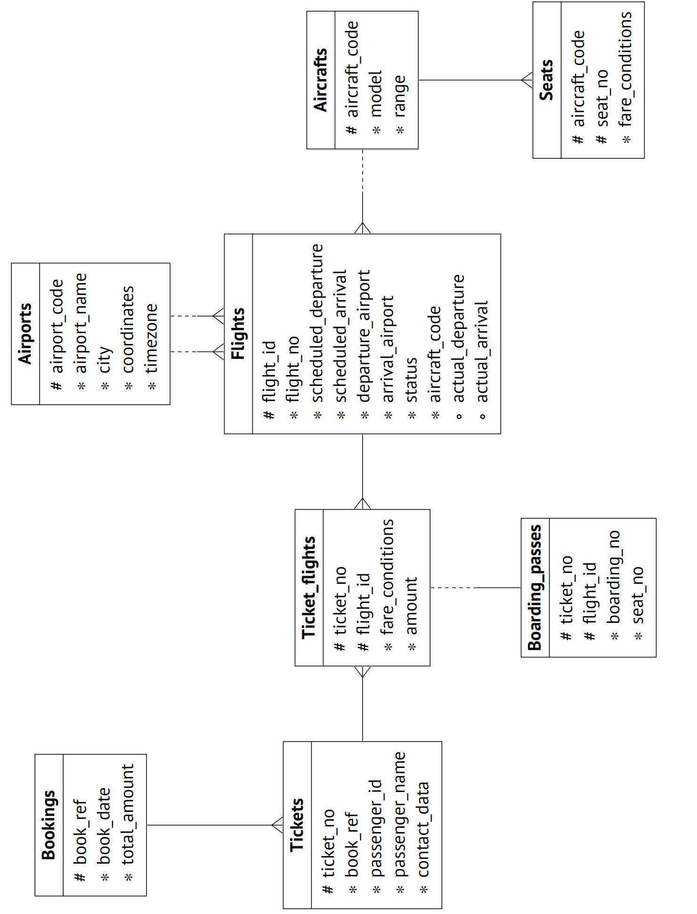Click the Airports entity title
tap(25, 334)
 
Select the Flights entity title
tap(238, 334)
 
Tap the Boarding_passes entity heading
tap(535, 588)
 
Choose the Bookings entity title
tap(49, 825)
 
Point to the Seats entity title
tap(547, 80)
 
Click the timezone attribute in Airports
tap(151, 338)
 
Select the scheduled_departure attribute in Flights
tap(317, 323)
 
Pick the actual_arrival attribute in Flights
tap(482, 351)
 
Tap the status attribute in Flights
tap(411, 380)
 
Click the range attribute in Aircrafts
tap(400, 96)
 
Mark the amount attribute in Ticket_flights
tap(411, 606)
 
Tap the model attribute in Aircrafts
tap(376, 94)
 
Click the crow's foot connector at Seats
tap(527, 80)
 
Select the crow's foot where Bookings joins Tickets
tap(277, 825)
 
